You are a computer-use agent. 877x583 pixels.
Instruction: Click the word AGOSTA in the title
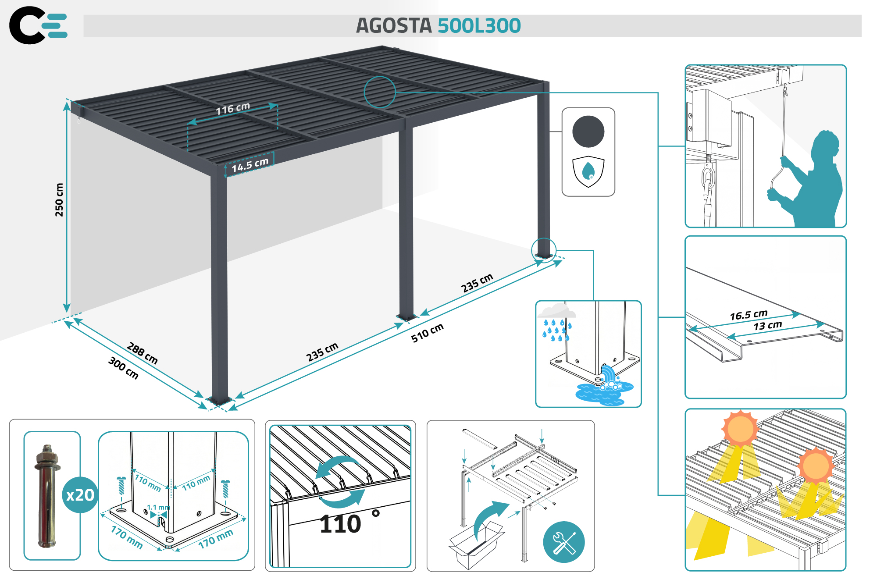(393, 25)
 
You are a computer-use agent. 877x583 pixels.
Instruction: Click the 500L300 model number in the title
(479, 25)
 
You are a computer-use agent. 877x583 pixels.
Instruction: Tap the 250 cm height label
(59, 199)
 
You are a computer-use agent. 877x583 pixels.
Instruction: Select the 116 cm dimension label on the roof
(232, 108)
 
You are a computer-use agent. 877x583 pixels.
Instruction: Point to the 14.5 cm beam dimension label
(250, 165)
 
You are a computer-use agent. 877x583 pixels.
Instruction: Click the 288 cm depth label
(142, 353)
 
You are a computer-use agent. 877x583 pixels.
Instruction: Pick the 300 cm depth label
(123, 368)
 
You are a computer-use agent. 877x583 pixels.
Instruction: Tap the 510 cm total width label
(427, 333)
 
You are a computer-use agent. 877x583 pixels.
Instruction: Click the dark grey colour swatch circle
(588, 132)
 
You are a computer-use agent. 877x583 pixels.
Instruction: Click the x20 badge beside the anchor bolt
(80, 495)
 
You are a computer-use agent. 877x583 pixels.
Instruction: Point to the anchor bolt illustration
(47, 495)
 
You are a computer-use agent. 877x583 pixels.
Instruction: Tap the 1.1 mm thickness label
(158, 507)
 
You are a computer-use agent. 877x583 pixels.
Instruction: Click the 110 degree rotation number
(341, 524)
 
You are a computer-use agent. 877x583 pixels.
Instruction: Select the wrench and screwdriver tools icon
(563, 542)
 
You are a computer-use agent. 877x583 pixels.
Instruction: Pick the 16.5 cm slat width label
(749, 315)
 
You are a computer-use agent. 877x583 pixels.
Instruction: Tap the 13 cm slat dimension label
(767, 326)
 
